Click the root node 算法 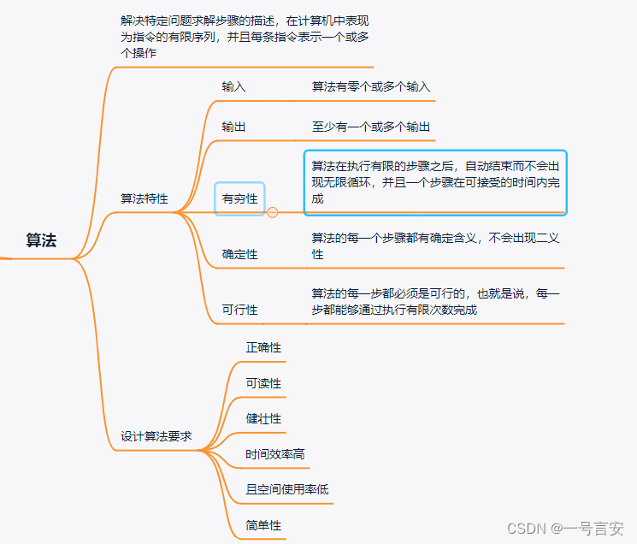click(x=41, y=240)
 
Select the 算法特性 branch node click(x=145, y=198)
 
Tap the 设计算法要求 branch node click(x=156, y=436)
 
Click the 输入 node click(x=233, y=86)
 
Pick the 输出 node click(x=233, y=127)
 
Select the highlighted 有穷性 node click(x=239, y=198)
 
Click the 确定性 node click(x=239, y=254)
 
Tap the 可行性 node click(x=239, y=310)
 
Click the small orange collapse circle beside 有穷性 click(x=273, y=212)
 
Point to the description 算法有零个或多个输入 click(x=370, y=86)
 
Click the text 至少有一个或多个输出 click(x=370, y=127)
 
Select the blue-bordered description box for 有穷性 click(x=435, y=182)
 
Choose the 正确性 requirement click(x=263, y=347)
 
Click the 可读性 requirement click(x=263, y=383)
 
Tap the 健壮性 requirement click(x=263, y=418)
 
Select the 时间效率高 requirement click(x=274, y=454)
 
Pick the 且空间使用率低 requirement click(x=286, y=489)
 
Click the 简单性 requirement click(x=263, y=525)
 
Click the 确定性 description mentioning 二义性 click(x=435, y=246)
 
